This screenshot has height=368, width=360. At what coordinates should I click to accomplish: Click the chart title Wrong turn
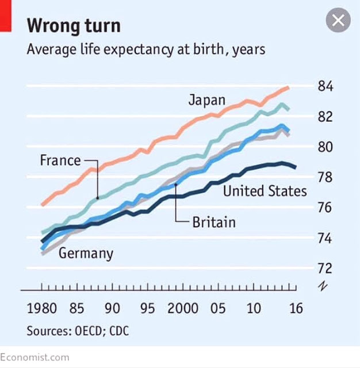coord(74,26)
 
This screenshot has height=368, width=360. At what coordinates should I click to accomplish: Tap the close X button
coord(338,21)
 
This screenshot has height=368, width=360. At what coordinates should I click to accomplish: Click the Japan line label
coord(207,100)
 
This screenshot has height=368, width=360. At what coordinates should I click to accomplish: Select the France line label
coord(60,160)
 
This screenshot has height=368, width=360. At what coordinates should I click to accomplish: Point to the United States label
coord(265,190)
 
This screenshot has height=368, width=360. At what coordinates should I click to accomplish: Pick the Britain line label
coord(214,221)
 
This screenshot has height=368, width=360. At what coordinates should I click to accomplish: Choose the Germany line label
coord(86,252)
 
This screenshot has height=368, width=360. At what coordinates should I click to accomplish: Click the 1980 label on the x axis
coord(42,308)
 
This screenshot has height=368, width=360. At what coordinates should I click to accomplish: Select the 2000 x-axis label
coord(185,308)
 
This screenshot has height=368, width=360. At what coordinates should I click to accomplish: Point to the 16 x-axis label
coord(295,308)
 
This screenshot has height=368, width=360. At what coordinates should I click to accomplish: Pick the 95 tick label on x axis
coord(148,308)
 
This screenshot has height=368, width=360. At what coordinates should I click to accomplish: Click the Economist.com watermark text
coord(35,357)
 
